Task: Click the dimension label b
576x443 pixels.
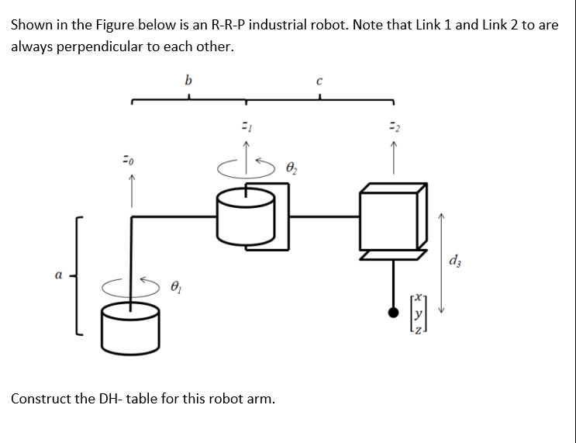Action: click(x=188, y=79)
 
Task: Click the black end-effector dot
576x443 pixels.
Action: click(x=394, y=313)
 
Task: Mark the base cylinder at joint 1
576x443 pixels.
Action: click(x=130, y=326)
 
